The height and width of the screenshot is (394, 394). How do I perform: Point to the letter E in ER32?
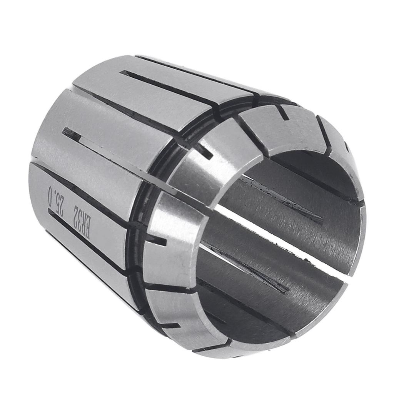(x=87, y=232)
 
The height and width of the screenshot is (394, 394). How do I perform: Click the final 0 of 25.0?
(x=50, y=191)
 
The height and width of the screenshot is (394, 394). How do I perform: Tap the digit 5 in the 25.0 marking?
(x=58, y=204)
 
